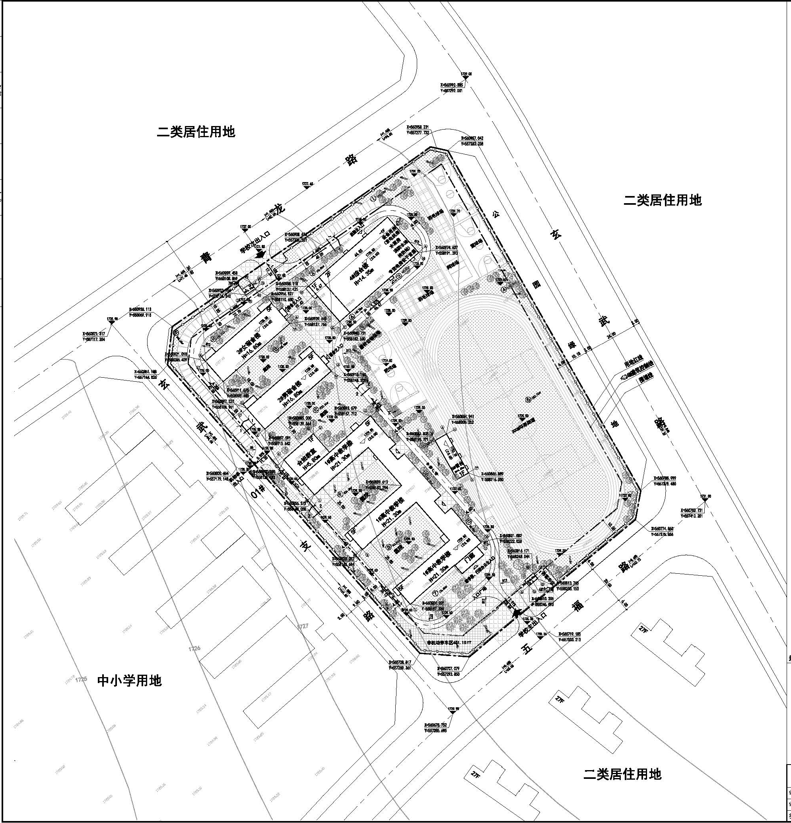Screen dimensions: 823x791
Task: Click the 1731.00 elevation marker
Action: (706, 496)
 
